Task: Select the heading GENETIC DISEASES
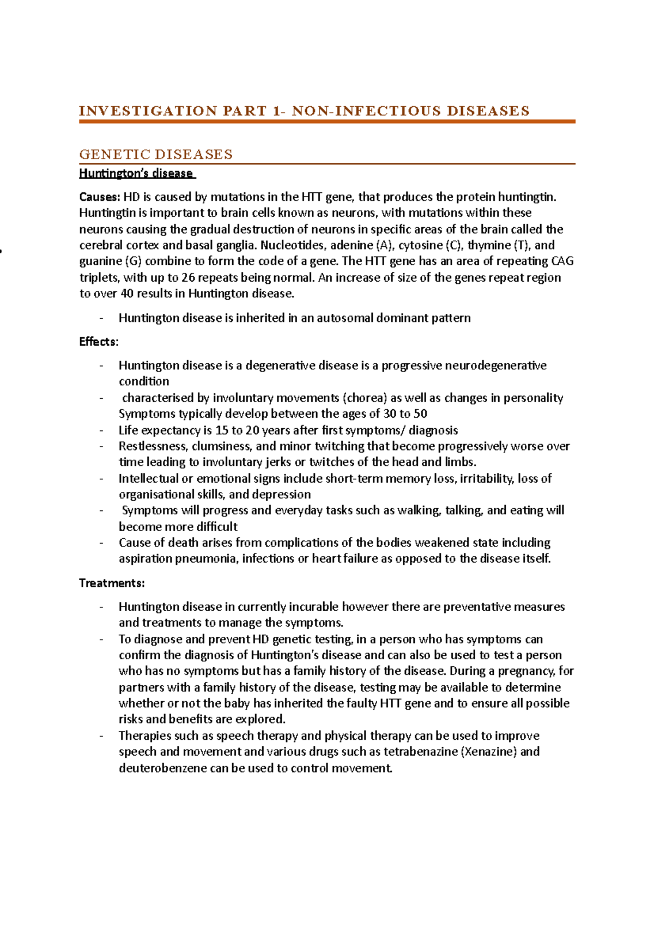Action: point(156,155)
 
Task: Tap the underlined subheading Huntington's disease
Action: point(136,173)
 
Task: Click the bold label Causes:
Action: point(100,197)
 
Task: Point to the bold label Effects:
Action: point(99,342)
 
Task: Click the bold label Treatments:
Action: point(112,583)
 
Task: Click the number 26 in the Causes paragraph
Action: point(189,277)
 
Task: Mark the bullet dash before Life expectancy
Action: point(101,430)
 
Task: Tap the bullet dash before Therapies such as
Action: point(101,736)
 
